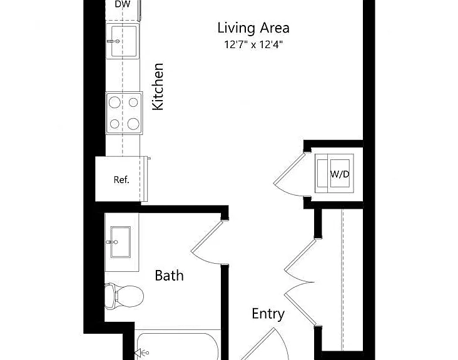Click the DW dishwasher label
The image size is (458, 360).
point(123,4)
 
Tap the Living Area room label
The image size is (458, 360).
point(253,28)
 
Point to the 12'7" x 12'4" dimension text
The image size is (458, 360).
point(253,44)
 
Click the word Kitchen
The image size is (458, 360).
point(158,87)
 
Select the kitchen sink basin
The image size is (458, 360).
point(124,41)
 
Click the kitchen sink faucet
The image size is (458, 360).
point(113,41)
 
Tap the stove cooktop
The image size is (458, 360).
point(124,113)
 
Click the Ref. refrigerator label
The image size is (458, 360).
point(121,180)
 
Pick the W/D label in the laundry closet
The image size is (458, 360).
point(340,174)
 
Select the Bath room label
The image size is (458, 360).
point(169,276)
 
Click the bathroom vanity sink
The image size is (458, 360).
point(120,242)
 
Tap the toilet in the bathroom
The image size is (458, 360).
point(124,296)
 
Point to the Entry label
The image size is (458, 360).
point(268,314)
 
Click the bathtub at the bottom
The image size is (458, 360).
point(178,346)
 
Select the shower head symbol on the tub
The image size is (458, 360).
point(141,353)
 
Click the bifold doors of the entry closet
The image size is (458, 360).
point(300,282)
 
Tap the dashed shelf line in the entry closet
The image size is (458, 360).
point(343,280)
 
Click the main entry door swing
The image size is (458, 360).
point(264,344)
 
